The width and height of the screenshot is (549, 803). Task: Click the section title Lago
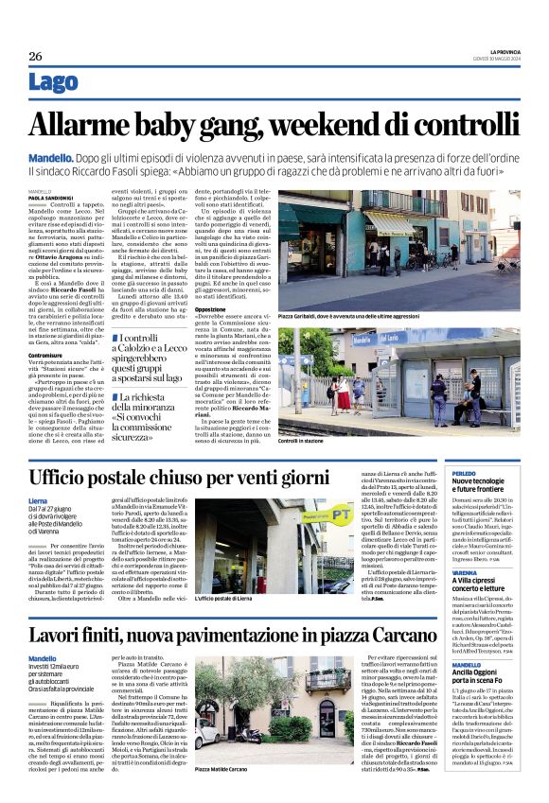(x=54, y=83)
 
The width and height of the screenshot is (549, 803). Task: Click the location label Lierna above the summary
(x=38, y=499)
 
